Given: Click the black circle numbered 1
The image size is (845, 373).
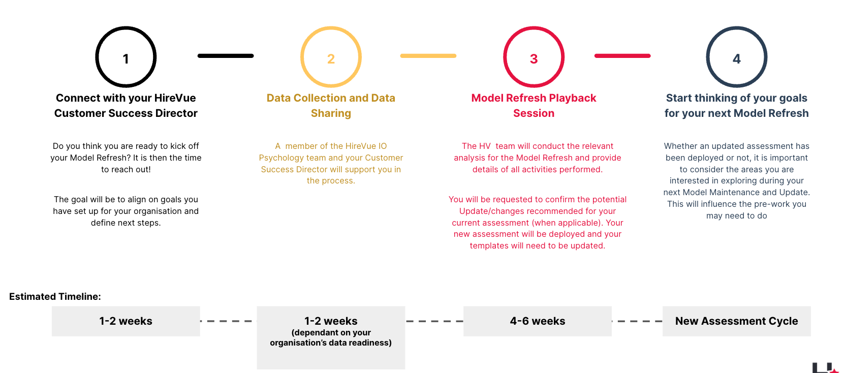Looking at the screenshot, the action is pos(126,28).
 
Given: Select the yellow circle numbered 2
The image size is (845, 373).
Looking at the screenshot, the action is pos(331,28).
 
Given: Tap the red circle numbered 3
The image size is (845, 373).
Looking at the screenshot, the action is pos(534,28).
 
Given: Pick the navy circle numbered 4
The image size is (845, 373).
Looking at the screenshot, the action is pos(737,28).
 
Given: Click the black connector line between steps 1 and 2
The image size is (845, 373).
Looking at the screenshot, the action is pos(226,56).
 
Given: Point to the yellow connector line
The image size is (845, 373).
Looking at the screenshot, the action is pos(428,56).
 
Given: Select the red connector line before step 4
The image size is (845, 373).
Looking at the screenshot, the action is pos(622,56).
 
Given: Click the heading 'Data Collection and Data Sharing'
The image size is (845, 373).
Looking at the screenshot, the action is pos(331,106).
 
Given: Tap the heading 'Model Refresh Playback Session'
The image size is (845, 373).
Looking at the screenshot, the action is pos(534,106).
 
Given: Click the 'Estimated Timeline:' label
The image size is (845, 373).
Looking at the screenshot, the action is pos(55,296).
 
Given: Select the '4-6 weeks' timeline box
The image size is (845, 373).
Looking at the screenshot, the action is pos(538,321).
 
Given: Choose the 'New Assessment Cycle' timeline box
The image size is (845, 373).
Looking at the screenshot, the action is pos(737,321).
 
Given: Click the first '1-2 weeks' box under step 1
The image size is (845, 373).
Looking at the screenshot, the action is pos(126,321).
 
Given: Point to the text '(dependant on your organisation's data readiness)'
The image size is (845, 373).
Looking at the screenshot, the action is pos(331,337).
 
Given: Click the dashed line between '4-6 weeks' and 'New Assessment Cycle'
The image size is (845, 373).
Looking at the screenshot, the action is pos(637,321).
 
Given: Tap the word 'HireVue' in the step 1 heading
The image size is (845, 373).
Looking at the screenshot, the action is pos(175,98).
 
